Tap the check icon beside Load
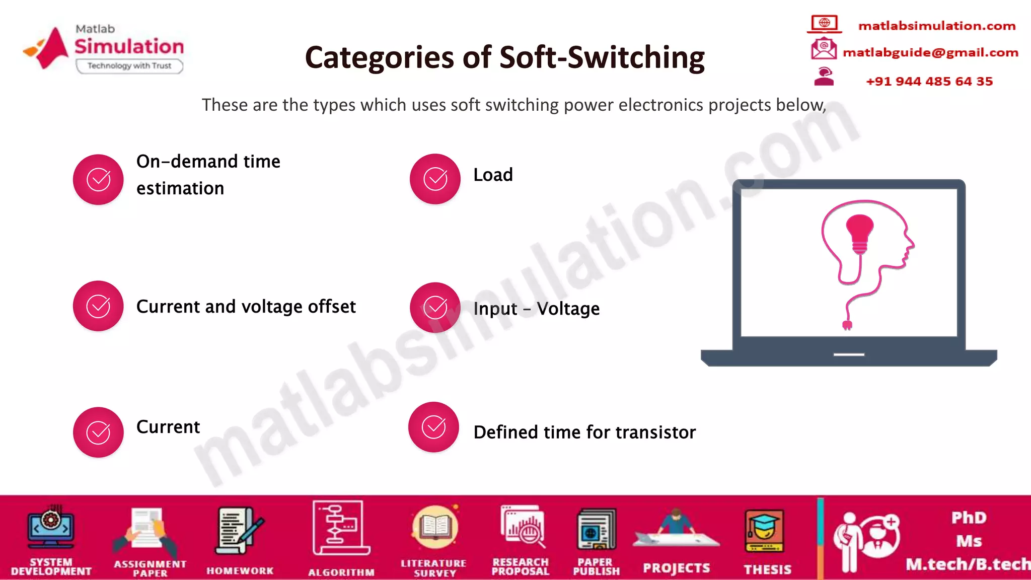pyautogui.click(x=435, y=179)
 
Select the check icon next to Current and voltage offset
pyautogui.click(x=98, y=306)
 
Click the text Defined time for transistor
pyautogui.click(x=584, y=432)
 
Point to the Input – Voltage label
pyautogui.click(x=536, y=308)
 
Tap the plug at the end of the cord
pyautogui.click(x=847, y=325)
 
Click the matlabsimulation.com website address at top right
pyautogui.click(x=936, y=26)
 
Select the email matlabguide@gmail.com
pyautogui.click(x=930, y=52)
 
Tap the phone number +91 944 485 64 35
pyautogui.click(x=929, y=82)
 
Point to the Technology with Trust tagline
pyautogui.click(x=129, y=66)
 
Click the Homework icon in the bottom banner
pyautogui.click(x=239, y=532)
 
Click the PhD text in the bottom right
pyautogui.click(x=969, y=518)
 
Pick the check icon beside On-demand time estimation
pyautogui.click(x=98, y=179)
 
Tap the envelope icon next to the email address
pyautogui.click(x=823, y=49)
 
